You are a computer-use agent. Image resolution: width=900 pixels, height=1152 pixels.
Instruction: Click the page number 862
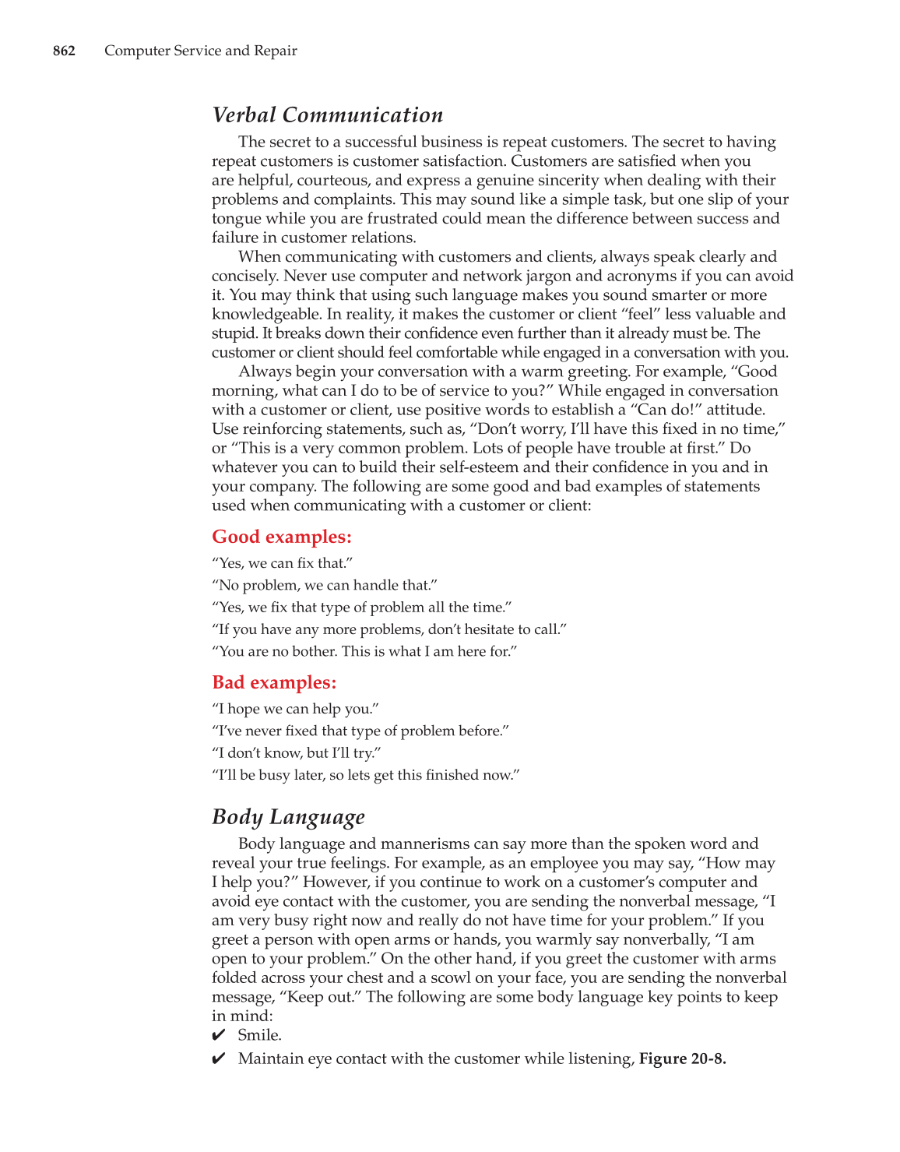[x=64, y=51]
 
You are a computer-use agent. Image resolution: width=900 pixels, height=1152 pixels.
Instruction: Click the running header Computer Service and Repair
[x=201, y=51]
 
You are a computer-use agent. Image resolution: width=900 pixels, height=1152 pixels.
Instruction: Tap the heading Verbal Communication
[x=328, y=115]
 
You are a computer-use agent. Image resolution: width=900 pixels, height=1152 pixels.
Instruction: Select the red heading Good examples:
[x=282, y=537]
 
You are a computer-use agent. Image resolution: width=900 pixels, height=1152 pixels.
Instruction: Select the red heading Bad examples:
[x=274, y=682]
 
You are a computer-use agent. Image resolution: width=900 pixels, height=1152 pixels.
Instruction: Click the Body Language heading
[x=288, y=817]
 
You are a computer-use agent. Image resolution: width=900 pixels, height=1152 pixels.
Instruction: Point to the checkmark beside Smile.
[x=219, y=1035]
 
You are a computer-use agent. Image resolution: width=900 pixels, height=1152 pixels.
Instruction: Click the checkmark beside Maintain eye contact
[x=219, y=1059]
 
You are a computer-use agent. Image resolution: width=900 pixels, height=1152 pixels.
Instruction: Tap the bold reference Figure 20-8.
[x=682, y=1059]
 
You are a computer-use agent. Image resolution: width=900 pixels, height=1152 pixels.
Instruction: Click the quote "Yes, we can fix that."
[x=283, y=563]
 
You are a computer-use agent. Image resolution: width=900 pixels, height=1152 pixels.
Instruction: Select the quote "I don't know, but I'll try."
[x=297, y=753]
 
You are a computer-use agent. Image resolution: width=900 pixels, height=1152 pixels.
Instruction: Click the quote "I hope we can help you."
[x=295, y=709]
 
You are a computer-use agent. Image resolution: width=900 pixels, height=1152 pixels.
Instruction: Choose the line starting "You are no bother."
[x=364, y=651]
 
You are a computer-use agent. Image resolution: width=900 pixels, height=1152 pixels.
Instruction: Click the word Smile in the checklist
[x=259, y=1035]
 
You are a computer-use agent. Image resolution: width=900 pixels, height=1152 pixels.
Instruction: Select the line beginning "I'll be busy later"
[x=365, y=775]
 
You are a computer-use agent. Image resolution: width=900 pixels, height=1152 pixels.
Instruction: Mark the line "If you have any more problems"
[x=389, y=629]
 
